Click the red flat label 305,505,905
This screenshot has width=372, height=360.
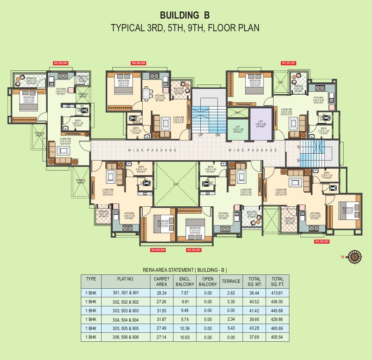(61, 62)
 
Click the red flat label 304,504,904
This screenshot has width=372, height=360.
(159, 250)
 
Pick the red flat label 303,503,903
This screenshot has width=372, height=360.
(193, 250)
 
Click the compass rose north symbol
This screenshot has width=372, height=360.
(357, 256)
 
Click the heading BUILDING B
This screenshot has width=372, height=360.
(185, 15)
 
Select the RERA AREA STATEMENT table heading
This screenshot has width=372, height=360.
(185, 270)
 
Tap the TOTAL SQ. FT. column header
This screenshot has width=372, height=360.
(277, 281)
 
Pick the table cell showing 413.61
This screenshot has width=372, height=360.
(277, 292)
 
